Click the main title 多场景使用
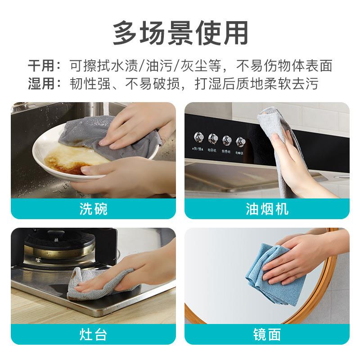click(x=180, y=32)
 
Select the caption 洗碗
click(x=93, y=209)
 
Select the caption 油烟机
click(x=267, y=209)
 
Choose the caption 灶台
click(x=93, y=334)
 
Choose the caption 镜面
click(x=267, y=334)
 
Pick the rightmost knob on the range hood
click(x=241, y=141)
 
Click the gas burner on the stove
click(x=58, y=247)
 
